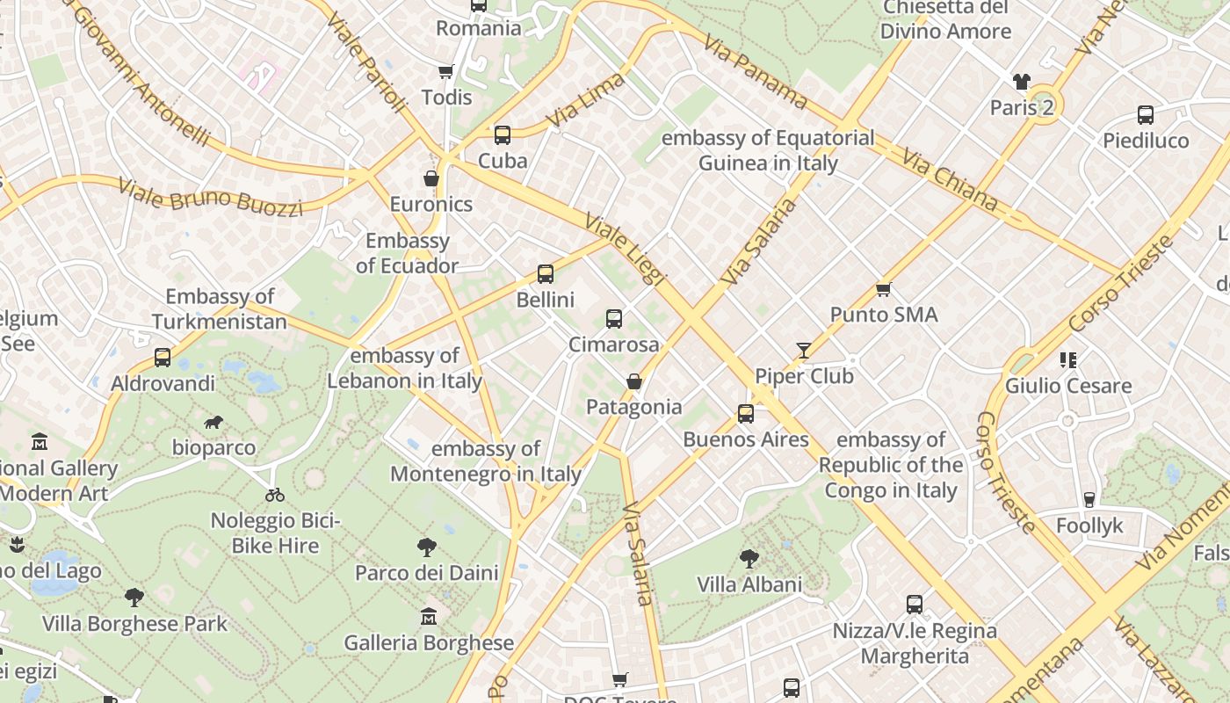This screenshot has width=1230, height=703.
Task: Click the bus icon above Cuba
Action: (x=502, y=135)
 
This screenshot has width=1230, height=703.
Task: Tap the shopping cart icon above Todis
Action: (x=446, y=71)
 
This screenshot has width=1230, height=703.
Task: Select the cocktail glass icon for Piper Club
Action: (x=803, y=351)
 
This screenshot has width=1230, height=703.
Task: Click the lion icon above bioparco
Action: (x=213, y=423)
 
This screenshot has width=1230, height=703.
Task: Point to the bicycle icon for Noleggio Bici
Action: (x=275, y=495)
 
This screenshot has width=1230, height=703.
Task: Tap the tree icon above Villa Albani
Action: (x=749, y=558)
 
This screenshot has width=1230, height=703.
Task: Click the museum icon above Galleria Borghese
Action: (x=428, y=617)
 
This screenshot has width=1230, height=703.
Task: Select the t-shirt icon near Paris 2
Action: (x=1021, y=83)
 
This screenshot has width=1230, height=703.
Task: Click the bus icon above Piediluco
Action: (x=1146, y=115)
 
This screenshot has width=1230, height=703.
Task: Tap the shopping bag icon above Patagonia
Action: (x=633, y=381)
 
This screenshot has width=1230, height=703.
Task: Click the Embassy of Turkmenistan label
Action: (x=220, y=309)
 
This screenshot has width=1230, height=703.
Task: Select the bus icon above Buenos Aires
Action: (x=745, y=414)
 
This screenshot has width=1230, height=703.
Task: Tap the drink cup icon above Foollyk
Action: (x=1089, y=500)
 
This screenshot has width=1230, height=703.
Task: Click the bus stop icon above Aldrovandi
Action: (x=163, y=358)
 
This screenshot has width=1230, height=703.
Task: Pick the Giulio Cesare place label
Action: (x=1068, y=386)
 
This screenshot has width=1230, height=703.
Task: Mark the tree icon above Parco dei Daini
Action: (x=427, y=547)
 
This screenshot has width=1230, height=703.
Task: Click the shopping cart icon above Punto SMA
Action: (x=884, y=289)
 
